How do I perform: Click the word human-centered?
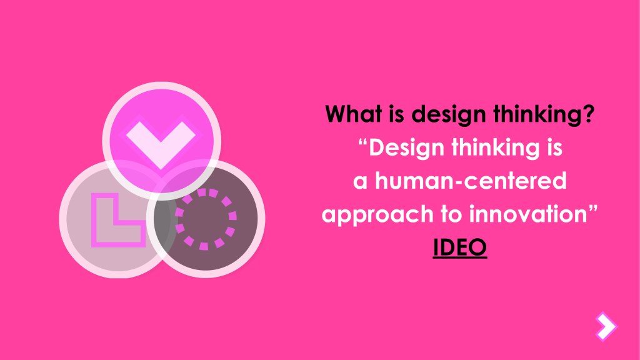(x=471, y=181)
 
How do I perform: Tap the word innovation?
(x=527, y=214)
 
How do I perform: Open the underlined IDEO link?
(x=460, y=247)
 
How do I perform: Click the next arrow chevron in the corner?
(x=606, y=326)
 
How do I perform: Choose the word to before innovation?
(x=451, y=215)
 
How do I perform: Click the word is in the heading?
(x=397, y=115)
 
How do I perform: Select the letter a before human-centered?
(x=361, y=182)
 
